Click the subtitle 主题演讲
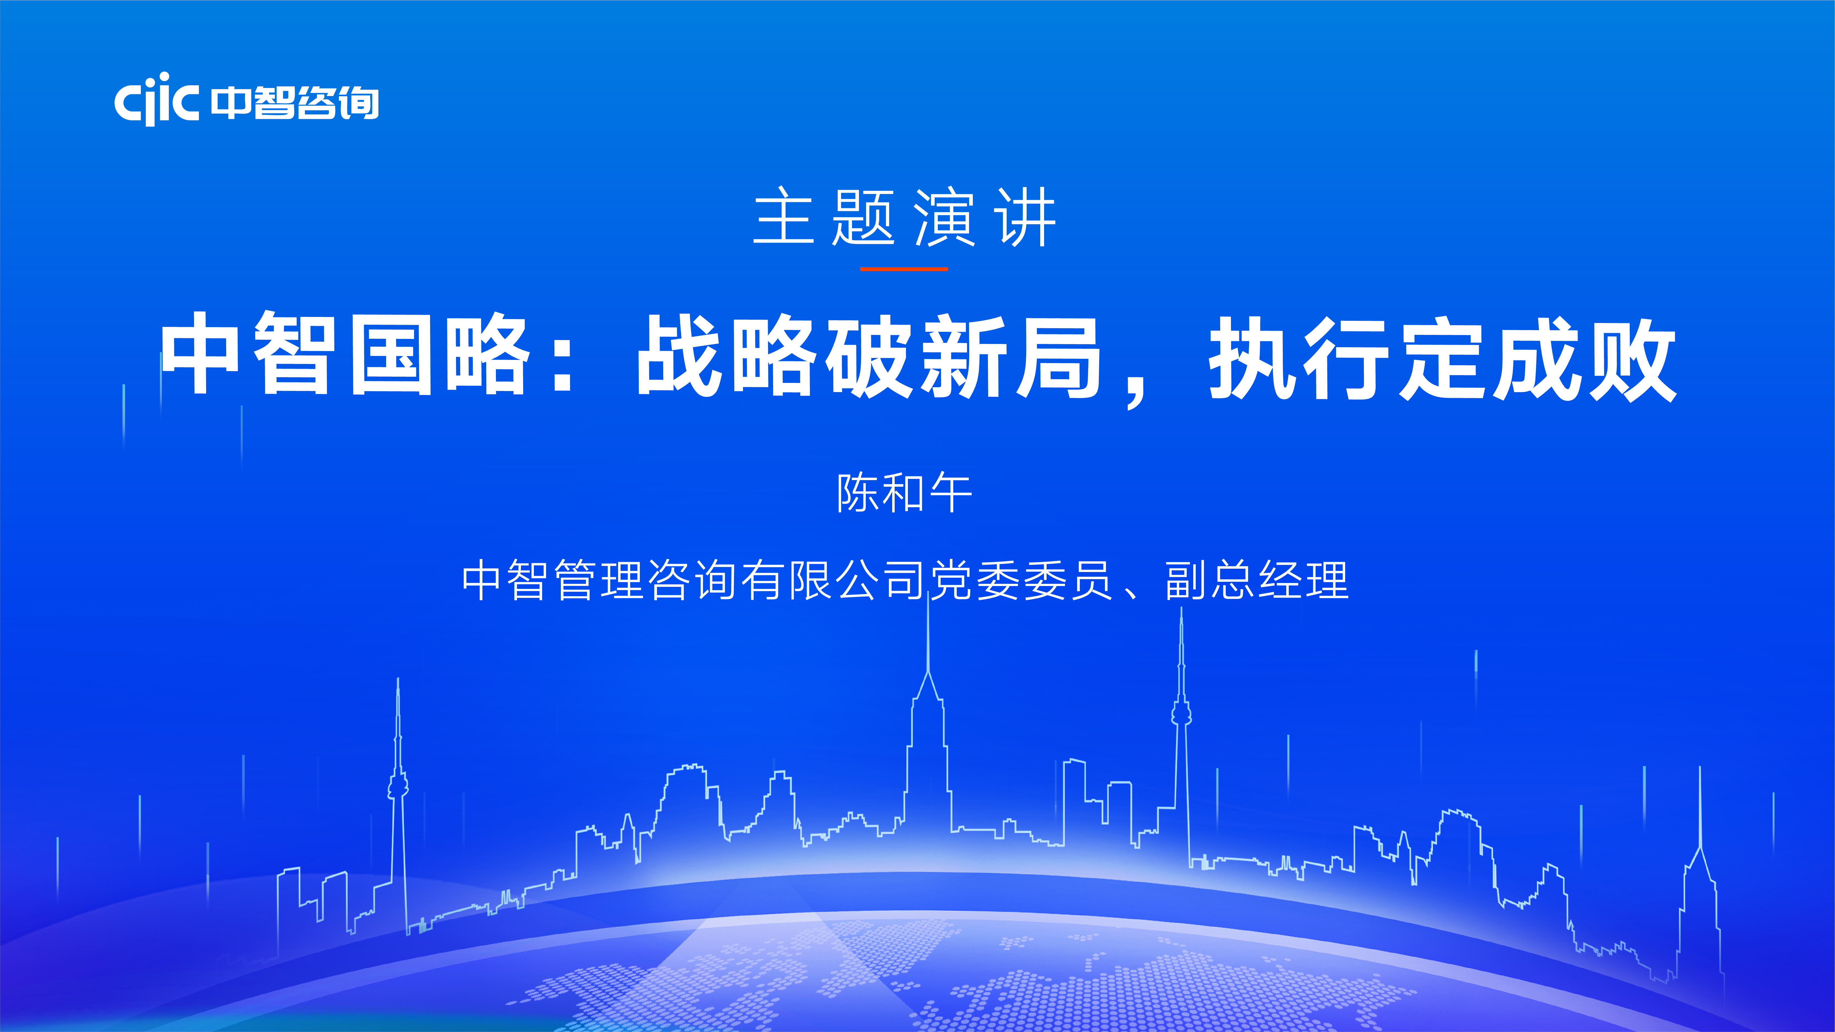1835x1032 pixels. [x=905, y=217]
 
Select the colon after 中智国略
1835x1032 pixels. [x=563, y=356]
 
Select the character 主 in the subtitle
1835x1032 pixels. [x=783, y=217]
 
